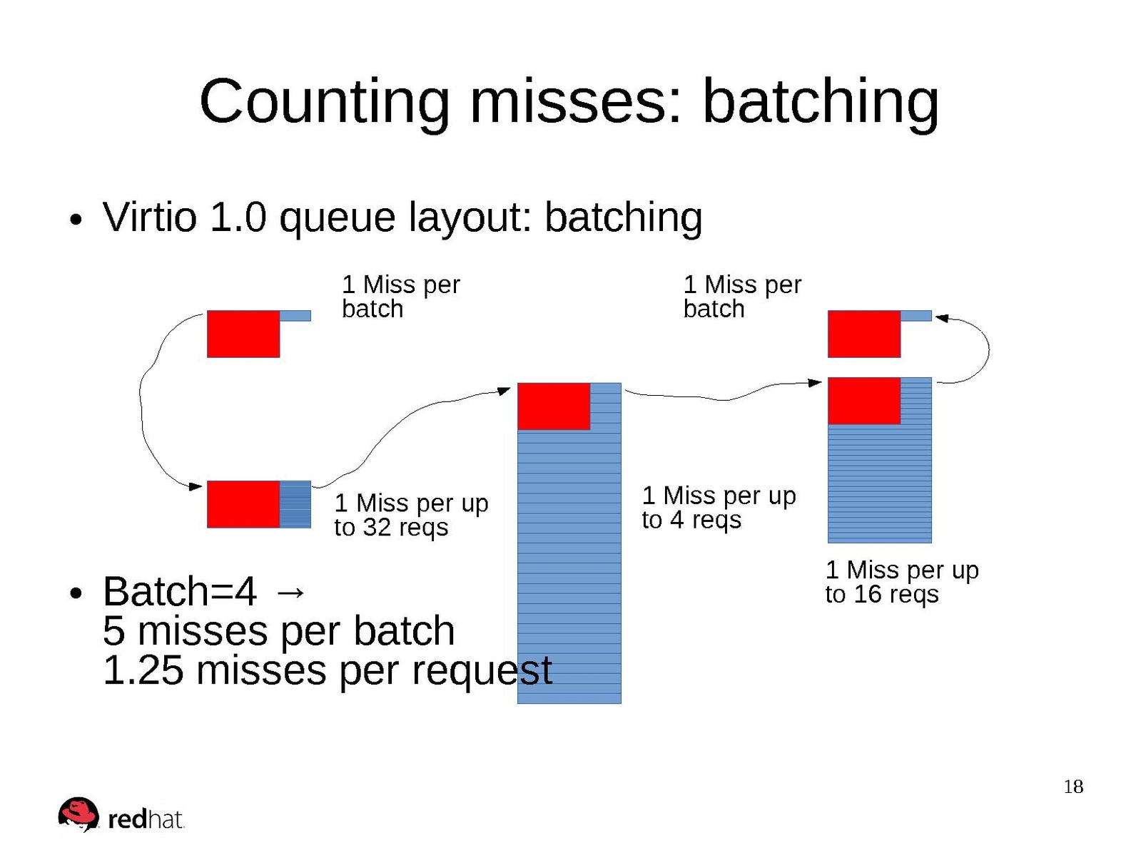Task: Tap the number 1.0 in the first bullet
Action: click(x=238, y=216)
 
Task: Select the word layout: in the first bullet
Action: click(x=472, y=217)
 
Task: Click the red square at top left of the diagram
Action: click(x=243, y=334)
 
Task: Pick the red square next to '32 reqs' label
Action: click(x=243, y=504)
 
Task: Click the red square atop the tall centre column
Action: click(x=554, y=406)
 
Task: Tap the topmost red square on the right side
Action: click(x=864, y=334)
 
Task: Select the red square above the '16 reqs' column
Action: click(x=864, y=401)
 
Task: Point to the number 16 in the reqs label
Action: click(x=868, y=594)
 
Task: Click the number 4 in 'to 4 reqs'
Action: click(x=676, y=519)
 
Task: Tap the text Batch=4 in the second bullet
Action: click(x=180, y=591)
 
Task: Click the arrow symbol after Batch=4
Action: click(x=290, y=592)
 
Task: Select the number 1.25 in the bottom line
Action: click(x=143, y=670)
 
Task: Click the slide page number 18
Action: click(x=1073, y=787)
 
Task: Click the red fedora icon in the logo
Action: click(x=78, y=814)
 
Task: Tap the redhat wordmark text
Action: click(x=146, y=819)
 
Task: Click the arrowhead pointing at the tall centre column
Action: click(x=504, y=391)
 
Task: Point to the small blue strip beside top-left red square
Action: click(x=295, y=316)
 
